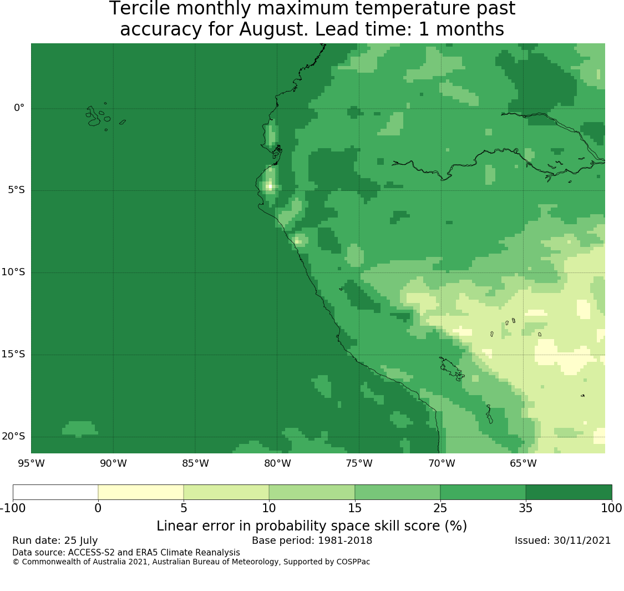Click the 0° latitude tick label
coord(19,108)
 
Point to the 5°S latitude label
coord(16,190)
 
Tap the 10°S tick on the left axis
coord(13,272)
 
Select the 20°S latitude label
coord(13,436)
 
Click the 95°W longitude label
coord(31,463)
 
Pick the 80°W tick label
coord(277,463)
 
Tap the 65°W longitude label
coord(523,463)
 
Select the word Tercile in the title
coord(140,8)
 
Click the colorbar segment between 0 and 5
coord(140,492)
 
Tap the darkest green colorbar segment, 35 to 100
coord(569,492)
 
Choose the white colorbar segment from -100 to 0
coord(55,492)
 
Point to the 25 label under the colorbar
coord(440,508)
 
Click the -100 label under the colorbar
coord(13,508)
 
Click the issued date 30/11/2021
coord(582,541)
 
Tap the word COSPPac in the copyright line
coord(353,562)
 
